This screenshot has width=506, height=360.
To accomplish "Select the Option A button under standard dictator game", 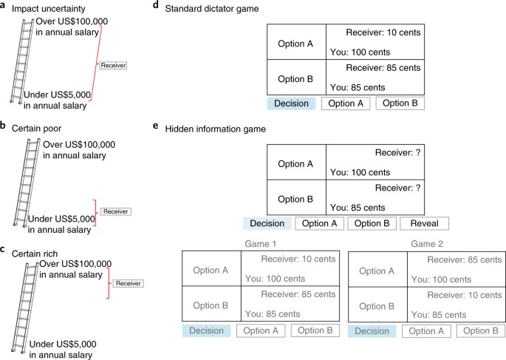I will (x=346, y=103).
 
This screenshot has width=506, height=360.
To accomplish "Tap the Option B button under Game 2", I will (x=481, y=331).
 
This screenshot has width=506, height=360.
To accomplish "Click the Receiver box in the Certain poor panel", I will (x=115, y=211).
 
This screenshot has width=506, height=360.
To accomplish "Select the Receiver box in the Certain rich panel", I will (x=127, y=283).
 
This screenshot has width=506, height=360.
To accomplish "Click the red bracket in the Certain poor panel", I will (x=92, y=211).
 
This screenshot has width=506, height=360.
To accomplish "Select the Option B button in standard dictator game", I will (x=399, y=103).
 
